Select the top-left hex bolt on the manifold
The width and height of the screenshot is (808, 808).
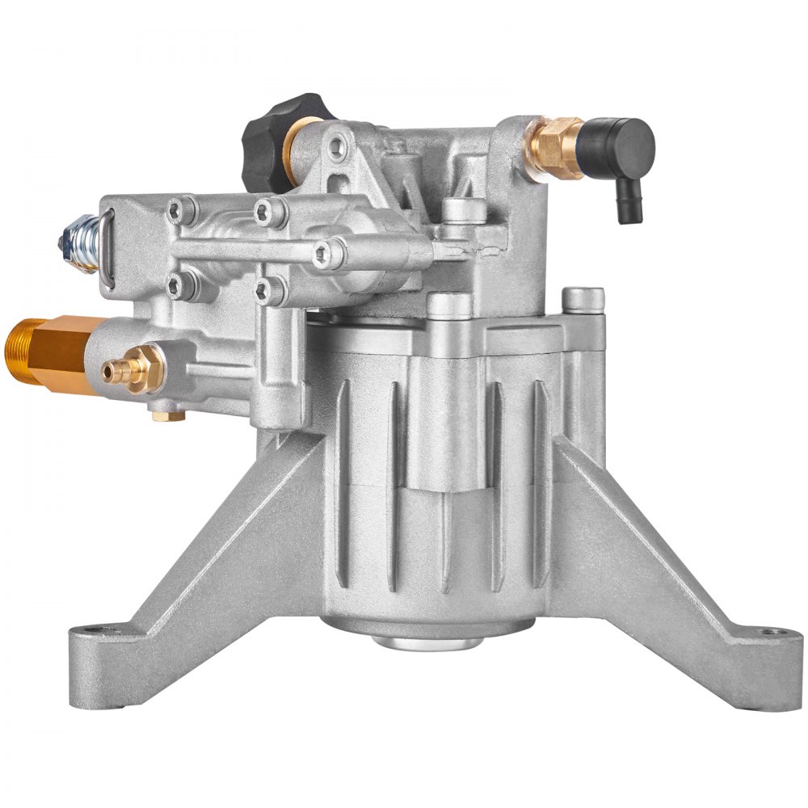(179, 210)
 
